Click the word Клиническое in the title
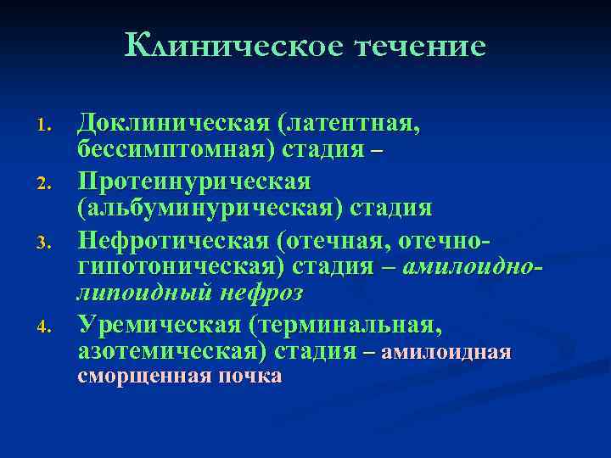[231, 46]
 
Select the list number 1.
[48, 129]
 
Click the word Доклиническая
[174, 125]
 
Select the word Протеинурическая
[194, 182]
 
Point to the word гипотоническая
[180, 266]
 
